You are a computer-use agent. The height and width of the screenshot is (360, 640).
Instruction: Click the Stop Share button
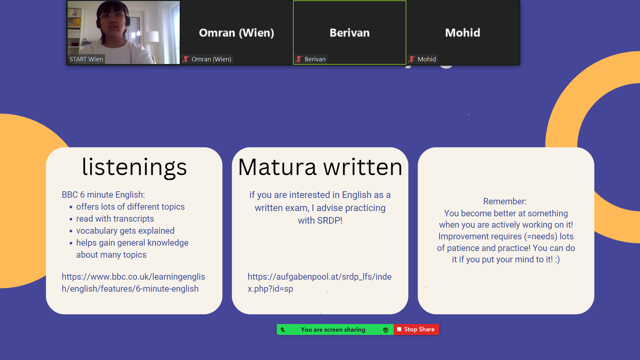[416, 329]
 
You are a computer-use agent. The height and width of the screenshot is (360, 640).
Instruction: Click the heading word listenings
[134, 167]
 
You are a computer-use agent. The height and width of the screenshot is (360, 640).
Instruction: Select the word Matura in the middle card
[277, 167]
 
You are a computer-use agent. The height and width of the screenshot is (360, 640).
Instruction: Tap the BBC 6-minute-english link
[133, 283]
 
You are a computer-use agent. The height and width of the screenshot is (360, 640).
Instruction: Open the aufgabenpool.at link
[319, 283]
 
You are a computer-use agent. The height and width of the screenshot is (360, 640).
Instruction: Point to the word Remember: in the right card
[505, 201]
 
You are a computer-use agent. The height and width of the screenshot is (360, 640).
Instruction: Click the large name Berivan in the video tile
[350, 33]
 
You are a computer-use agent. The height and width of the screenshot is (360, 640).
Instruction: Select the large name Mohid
[463, 33]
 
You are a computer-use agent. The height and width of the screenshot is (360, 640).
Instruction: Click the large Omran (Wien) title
[237, 33]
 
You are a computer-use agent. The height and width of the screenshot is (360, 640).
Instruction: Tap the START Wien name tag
[86, 59]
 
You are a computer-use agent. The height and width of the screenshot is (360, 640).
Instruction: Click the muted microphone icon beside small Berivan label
[299, 59]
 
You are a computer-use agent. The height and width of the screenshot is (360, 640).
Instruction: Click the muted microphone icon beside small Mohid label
[412, 59]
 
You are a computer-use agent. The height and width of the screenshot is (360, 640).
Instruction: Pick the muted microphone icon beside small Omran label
[186, 59]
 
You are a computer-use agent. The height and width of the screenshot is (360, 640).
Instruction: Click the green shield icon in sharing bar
[386, 330]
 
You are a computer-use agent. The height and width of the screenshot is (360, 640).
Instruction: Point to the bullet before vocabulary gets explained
[71, 231]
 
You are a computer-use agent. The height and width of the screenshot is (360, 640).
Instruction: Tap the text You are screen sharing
[333, 330]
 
